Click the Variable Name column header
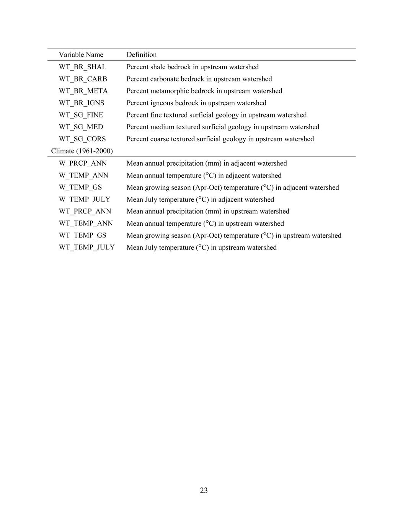coord(81,55)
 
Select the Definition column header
coord(141,55)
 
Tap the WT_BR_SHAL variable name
coord(82,67)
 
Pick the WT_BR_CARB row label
coord(83,79)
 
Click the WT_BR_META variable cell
coord(83,91)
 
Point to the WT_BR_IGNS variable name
coord(81,103)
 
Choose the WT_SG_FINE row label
coord(81,115)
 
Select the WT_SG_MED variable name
coord(81,127)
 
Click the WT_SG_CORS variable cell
coord(82,139)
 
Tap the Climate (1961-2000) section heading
coord(82,151)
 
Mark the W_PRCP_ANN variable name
coord(83,163)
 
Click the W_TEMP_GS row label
coord(80,187)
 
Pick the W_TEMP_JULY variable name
coord(84,199)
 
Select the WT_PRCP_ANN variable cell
coord(85,211)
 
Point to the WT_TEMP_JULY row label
coord(86,247)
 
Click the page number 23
coord(204,491)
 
